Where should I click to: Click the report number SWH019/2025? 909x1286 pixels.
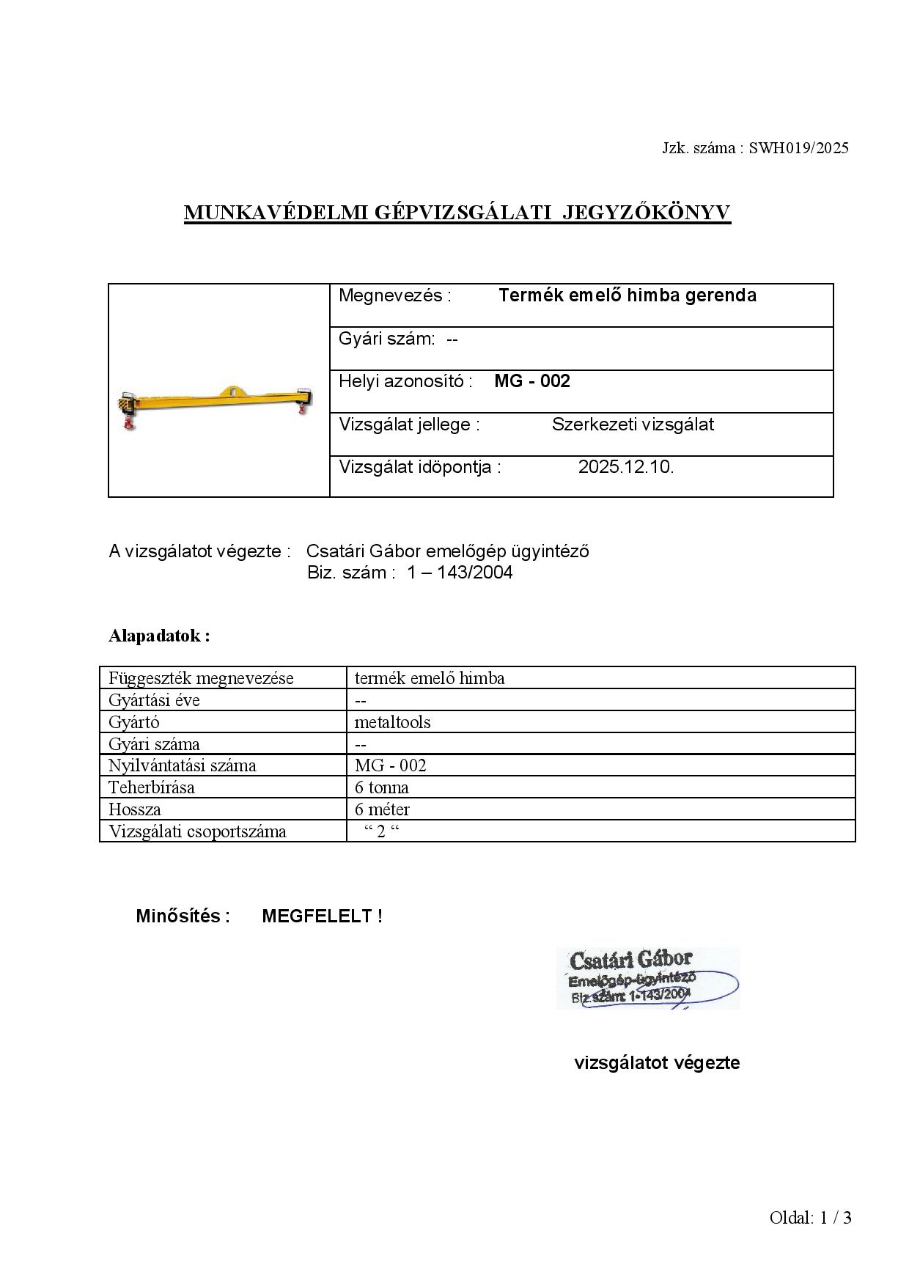[798, 148]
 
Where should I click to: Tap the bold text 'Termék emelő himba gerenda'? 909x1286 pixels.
[627, 295]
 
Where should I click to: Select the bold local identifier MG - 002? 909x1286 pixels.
[532, 381]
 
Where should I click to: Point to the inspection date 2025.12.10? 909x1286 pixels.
[625, 467]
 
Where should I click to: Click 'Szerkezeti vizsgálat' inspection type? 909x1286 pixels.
[633, 425]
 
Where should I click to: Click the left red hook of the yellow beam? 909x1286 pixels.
[130, 424]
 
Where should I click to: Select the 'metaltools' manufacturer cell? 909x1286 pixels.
[392, 722]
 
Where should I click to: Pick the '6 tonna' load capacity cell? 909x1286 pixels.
[382, 787]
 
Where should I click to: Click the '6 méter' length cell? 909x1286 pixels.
[382, 809]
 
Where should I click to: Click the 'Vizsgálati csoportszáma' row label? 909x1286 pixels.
[197, 831]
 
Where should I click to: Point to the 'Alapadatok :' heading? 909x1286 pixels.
[159, 636]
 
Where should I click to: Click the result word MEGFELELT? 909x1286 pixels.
[317, 916]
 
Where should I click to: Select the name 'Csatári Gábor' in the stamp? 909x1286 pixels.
[630, 960]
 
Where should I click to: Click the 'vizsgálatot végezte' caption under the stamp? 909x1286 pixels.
[657, 1062]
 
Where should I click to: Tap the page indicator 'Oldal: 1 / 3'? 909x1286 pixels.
[810, 1218]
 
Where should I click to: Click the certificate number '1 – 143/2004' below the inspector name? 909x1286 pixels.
[460, 573]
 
